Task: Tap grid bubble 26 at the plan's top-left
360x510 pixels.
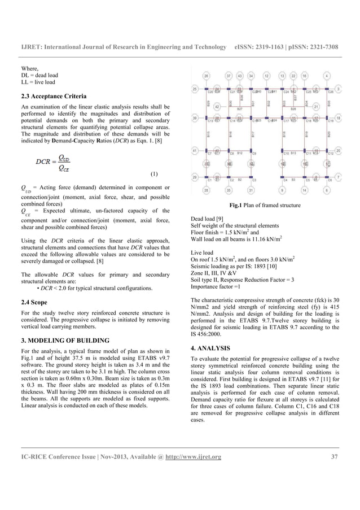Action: click(x=207, y=75)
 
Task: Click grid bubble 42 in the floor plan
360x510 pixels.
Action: click(x=217, y=106)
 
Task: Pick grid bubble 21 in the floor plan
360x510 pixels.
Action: click(x=316, y=106)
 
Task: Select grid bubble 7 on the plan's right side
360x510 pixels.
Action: click(x=338, y=177)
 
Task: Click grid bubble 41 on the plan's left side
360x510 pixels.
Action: click(x=195, y=151)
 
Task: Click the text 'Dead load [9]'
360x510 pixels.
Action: click(x=208, y=219)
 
